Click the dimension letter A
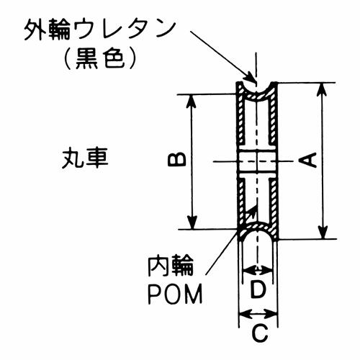click(x=308, y=161)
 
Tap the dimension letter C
click(x=260, y=333)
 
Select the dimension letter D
click(x=258, y=290)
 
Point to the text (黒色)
click(x=100, y=59)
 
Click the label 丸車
click(x=85, y=158)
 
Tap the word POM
click(x=175, y=294)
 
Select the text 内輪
click(x=171, y=266)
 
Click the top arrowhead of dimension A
click(x=323, y=89)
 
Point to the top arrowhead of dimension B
click(x=192, y=101)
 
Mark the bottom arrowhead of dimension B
click(x=192, y=222)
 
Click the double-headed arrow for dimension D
click(x=258, y=271)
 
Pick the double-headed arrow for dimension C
click(x=258, y=313)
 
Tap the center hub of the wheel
click(x=257, y=161)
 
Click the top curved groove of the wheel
click(x=257, y=94)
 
